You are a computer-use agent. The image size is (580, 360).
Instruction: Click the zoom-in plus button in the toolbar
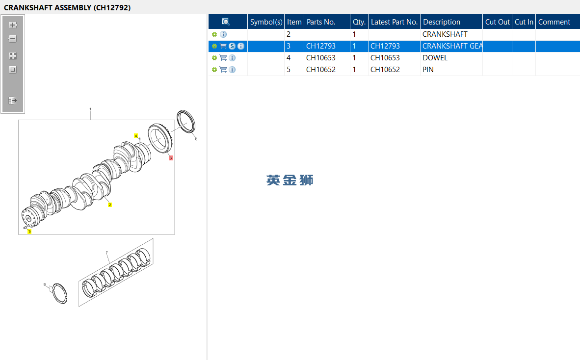[13, 25]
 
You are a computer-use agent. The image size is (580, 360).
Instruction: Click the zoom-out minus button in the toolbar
[13, 39]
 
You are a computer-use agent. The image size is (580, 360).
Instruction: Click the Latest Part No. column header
[395, 22]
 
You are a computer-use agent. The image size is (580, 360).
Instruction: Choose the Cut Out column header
[498, 22]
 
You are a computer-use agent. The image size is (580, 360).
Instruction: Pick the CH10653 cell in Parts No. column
[321, 58]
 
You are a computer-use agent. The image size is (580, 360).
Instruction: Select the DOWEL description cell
[435, 58]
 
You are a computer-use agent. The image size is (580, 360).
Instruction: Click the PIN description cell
[428, 70]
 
